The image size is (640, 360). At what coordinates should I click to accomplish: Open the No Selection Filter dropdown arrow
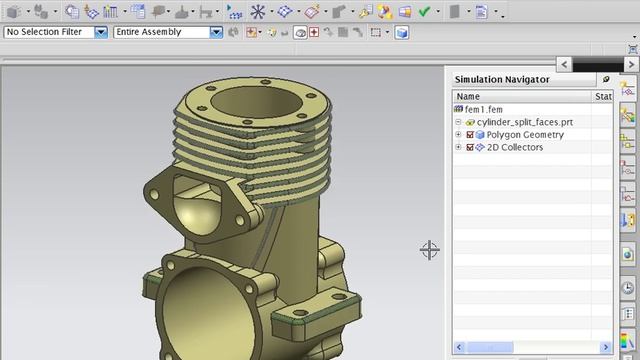click(101, 32)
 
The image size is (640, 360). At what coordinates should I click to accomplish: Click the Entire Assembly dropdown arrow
click(216, 32)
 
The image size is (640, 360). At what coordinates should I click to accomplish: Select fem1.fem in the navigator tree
click(484, 109)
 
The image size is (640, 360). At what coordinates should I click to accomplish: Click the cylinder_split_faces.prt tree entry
click(524, 122)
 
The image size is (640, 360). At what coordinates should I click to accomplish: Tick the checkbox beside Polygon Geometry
click(470, 135)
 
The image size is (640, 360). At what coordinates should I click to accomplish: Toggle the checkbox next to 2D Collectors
click(470, 147)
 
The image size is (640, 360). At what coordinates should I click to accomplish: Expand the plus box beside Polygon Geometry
click(458, 134)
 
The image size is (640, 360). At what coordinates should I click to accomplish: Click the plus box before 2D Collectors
click(458, 147)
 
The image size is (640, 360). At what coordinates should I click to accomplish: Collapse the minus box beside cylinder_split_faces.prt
click(458, 122)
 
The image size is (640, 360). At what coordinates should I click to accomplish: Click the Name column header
click(468, 96)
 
